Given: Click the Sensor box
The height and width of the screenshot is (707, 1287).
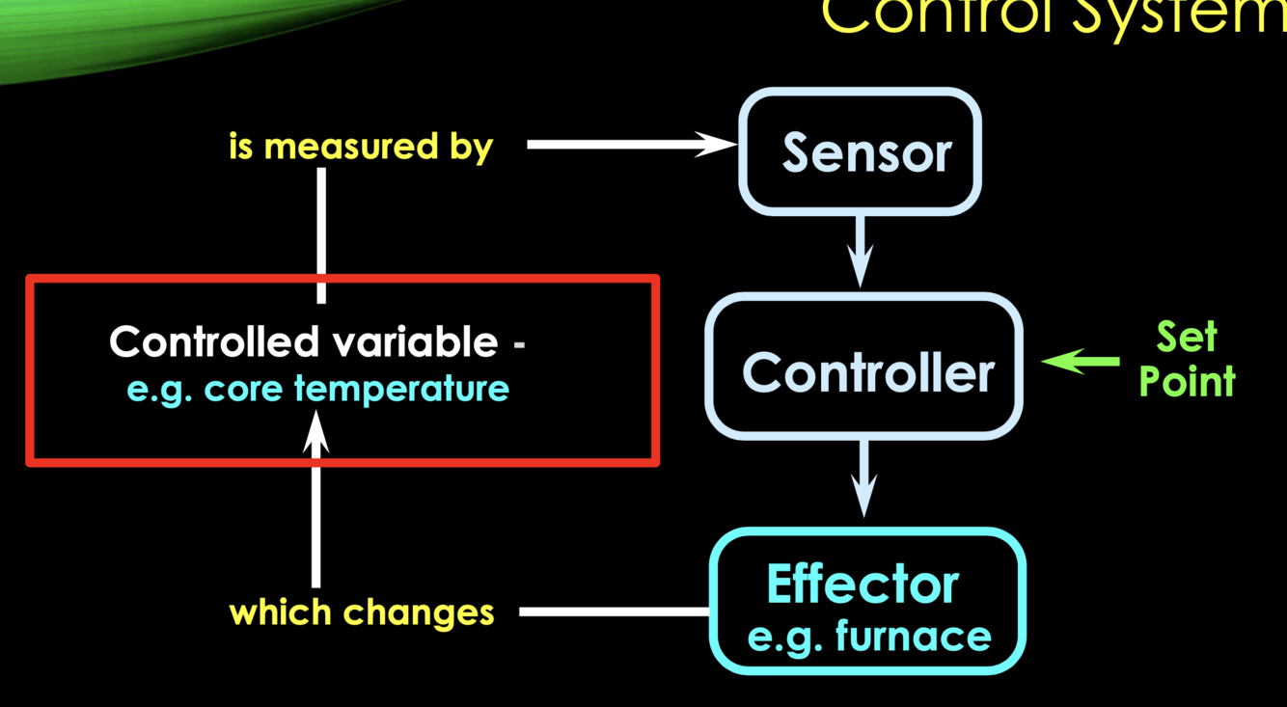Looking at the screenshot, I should click(x=860, y=151).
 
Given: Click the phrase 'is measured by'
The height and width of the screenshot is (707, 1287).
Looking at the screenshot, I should click(x=361, y=147).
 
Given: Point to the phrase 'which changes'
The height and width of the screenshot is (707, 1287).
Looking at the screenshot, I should click(x=361, y=612).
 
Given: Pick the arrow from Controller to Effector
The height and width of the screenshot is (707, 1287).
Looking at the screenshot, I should click(x=863, y=476).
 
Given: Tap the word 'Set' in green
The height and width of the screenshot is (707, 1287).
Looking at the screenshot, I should click(x=1187, y=338).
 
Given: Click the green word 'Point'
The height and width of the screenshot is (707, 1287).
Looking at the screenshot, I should click(x=1187, y=382).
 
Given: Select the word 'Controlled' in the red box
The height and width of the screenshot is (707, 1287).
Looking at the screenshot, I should click(x=213, y=341).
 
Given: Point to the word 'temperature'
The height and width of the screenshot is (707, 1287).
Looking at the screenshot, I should click(x=401, y=389).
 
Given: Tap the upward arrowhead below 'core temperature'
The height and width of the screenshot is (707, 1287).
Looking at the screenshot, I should click(x=316, y=434).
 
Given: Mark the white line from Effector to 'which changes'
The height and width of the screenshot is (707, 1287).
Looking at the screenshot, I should click(x=614, y=612).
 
